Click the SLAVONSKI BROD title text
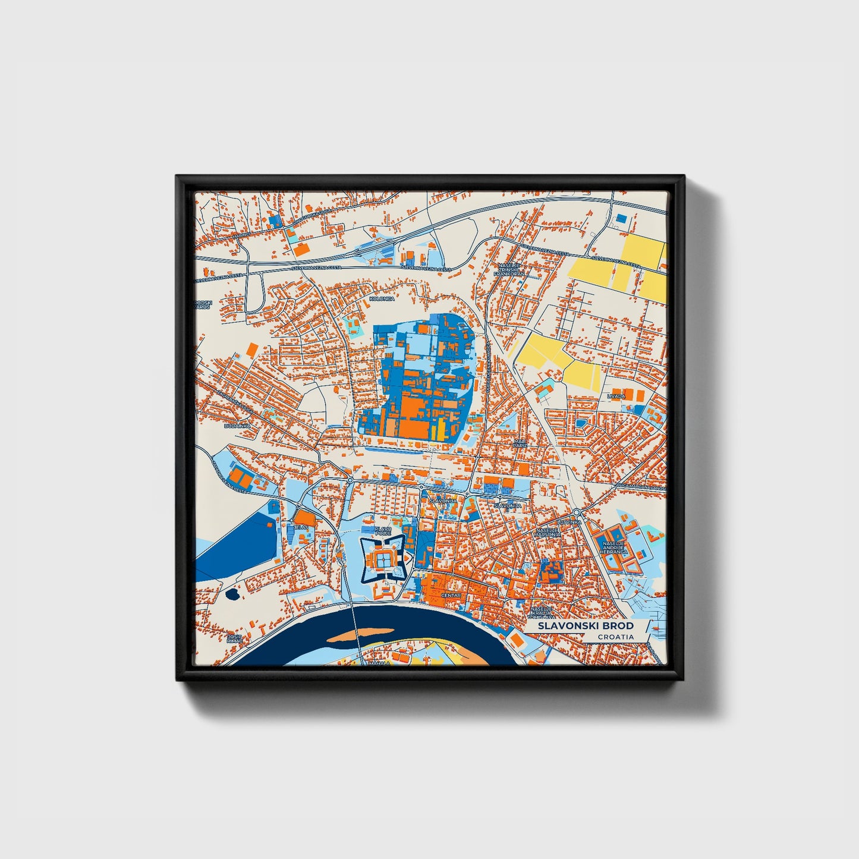pos(586,626)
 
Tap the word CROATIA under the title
pos(615,637)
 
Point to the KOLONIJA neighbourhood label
pos(382,298)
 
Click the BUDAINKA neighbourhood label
pos(237,426)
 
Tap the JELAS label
pos(301,527)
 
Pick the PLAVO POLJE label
pos(383,530)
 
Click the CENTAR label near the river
pos(451,595)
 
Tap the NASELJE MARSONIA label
pos(548,532)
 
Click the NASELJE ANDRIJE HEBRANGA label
pos(614,548)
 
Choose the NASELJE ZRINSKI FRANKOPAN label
pos(511,270)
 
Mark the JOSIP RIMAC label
pos(235,638)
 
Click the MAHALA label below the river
pos(379,662)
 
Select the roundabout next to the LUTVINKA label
pos(576,512)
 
